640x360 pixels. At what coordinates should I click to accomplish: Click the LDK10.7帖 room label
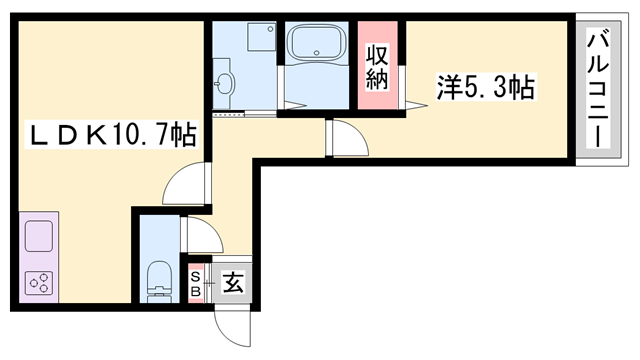click(x=111, y=132)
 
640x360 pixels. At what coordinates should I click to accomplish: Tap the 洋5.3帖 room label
click(x=485, y=88)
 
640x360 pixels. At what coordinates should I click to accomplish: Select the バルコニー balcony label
click(x=599, y=89)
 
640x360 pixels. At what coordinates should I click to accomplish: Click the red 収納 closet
click(x=376, y=65)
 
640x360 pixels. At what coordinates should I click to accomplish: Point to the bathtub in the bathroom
click(x=314, y=45)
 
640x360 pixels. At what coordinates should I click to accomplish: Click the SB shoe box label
click(x=196, y=282)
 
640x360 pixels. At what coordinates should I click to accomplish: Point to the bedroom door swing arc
click(x=345, y=138)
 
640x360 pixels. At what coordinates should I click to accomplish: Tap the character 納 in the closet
click(x=376, y=79)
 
